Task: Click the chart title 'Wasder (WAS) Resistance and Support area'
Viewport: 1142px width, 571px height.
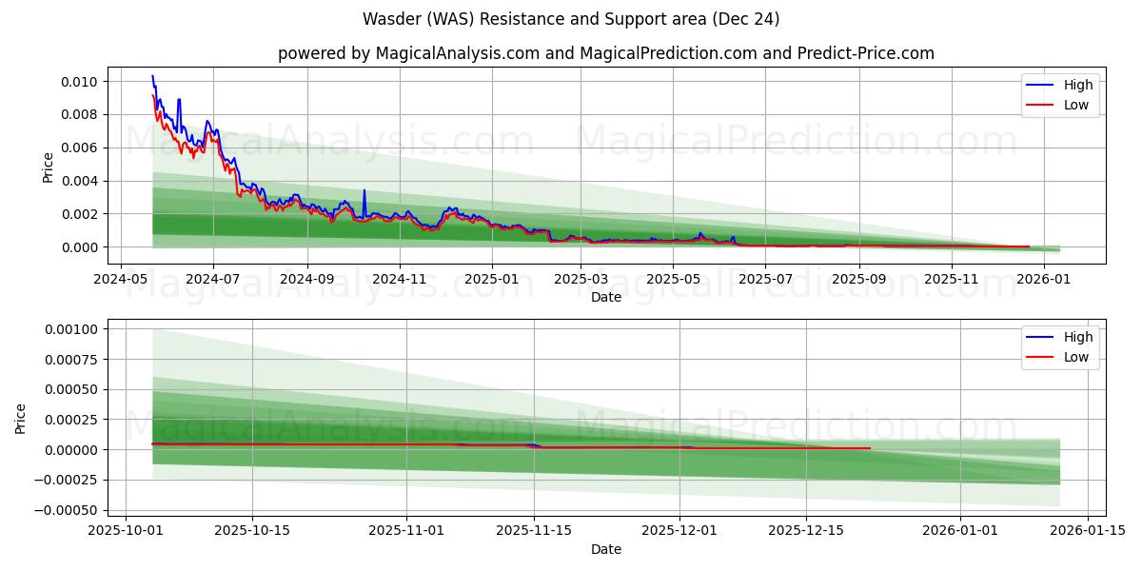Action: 571,19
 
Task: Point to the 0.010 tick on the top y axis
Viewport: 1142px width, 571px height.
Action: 79,82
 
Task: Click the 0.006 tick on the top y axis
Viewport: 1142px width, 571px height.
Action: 79,148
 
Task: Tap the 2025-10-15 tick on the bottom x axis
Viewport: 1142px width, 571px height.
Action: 252,531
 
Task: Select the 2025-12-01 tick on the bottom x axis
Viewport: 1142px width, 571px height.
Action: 679,531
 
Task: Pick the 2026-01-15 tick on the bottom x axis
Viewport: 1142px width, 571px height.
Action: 1086,531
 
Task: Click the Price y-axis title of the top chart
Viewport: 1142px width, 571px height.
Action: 49,167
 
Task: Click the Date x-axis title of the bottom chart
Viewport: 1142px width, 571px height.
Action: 605,549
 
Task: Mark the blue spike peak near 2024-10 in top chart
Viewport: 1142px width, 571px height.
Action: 364,190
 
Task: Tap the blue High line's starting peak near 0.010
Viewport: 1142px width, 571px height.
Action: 152,76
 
